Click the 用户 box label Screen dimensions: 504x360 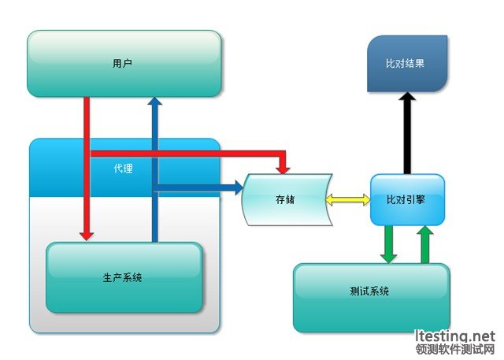(122, 63)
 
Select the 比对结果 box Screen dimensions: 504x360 (407, 64)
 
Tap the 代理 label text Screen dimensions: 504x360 (123, 168)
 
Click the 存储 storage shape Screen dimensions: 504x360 (287, 199)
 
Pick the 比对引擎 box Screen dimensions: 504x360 (407, 199)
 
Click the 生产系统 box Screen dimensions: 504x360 (124, 277)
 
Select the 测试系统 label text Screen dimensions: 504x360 (369, 291)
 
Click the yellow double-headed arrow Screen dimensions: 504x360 (348, 199)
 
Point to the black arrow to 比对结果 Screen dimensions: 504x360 (407, 133)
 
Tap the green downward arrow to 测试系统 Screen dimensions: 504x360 (388, 244)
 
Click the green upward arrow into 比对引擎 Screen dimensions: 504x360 (425, 244)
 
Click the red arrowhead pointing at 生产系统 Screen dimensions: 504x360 (87, 235)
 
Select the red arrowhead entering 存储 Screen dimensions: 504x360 (283, 170)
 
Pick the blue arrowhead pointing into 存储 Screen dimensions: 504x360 (239, 187)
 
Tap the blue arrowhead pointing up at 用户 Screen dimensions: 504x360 (154, 101)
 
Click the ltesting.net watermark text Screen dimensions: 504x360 (454, 336)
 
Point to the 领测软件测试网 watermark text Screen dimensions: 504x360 (454, 349)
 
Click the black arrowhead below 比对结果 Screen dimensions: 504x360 (407, 96)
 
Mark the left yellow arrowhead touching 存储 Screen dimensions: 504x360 (330, 199)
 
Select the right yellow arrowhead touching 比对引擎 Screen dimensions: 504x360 (366, 199)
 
